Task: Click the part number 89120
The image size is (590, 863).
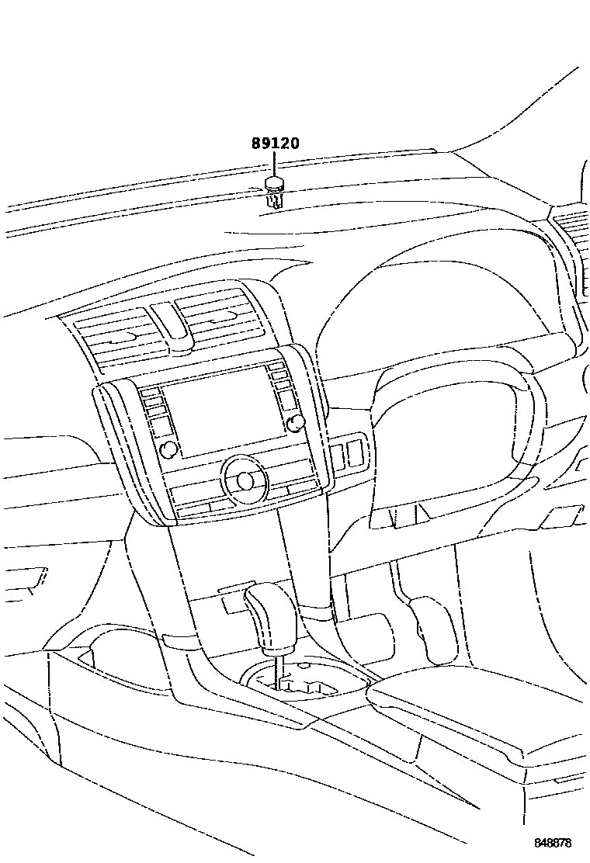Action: [x=275, y=144]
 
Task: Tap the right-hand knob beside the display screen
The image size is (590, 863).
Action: [x=294, y=421]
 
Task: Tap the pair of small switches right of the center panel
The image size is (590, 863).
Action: [x=348, y=453]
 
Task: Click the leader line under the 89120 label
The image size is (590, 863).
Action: [x=274, y=165]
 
